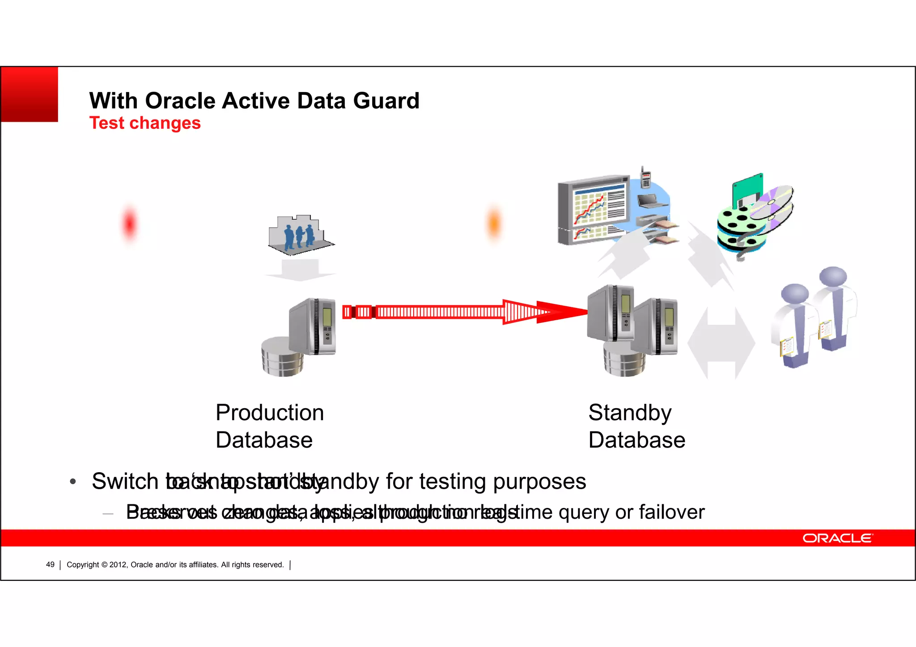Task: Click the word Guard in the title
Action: [386, 101]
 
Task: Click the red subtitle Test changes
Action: [145, 123]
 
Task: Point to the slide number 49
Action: [50, 565]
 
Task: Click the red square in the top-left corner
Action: [30, 94]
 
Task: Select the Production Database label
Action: [269, 426]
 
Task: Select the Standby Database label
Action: [636, 426]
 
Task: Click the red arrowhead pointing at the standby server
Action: [564, 312]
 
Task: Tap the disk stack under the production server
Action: [282, 358]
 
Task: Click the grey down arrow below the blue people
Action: [300, 271]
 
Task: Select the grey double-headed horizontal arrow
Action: [721, 343]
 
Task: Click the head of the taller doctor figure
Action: [833, 276]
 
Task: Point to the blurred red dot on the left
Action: [129, 223]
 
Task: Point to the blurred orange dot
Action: [494, 223]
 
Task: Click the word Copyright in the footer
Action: [83, 565]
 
